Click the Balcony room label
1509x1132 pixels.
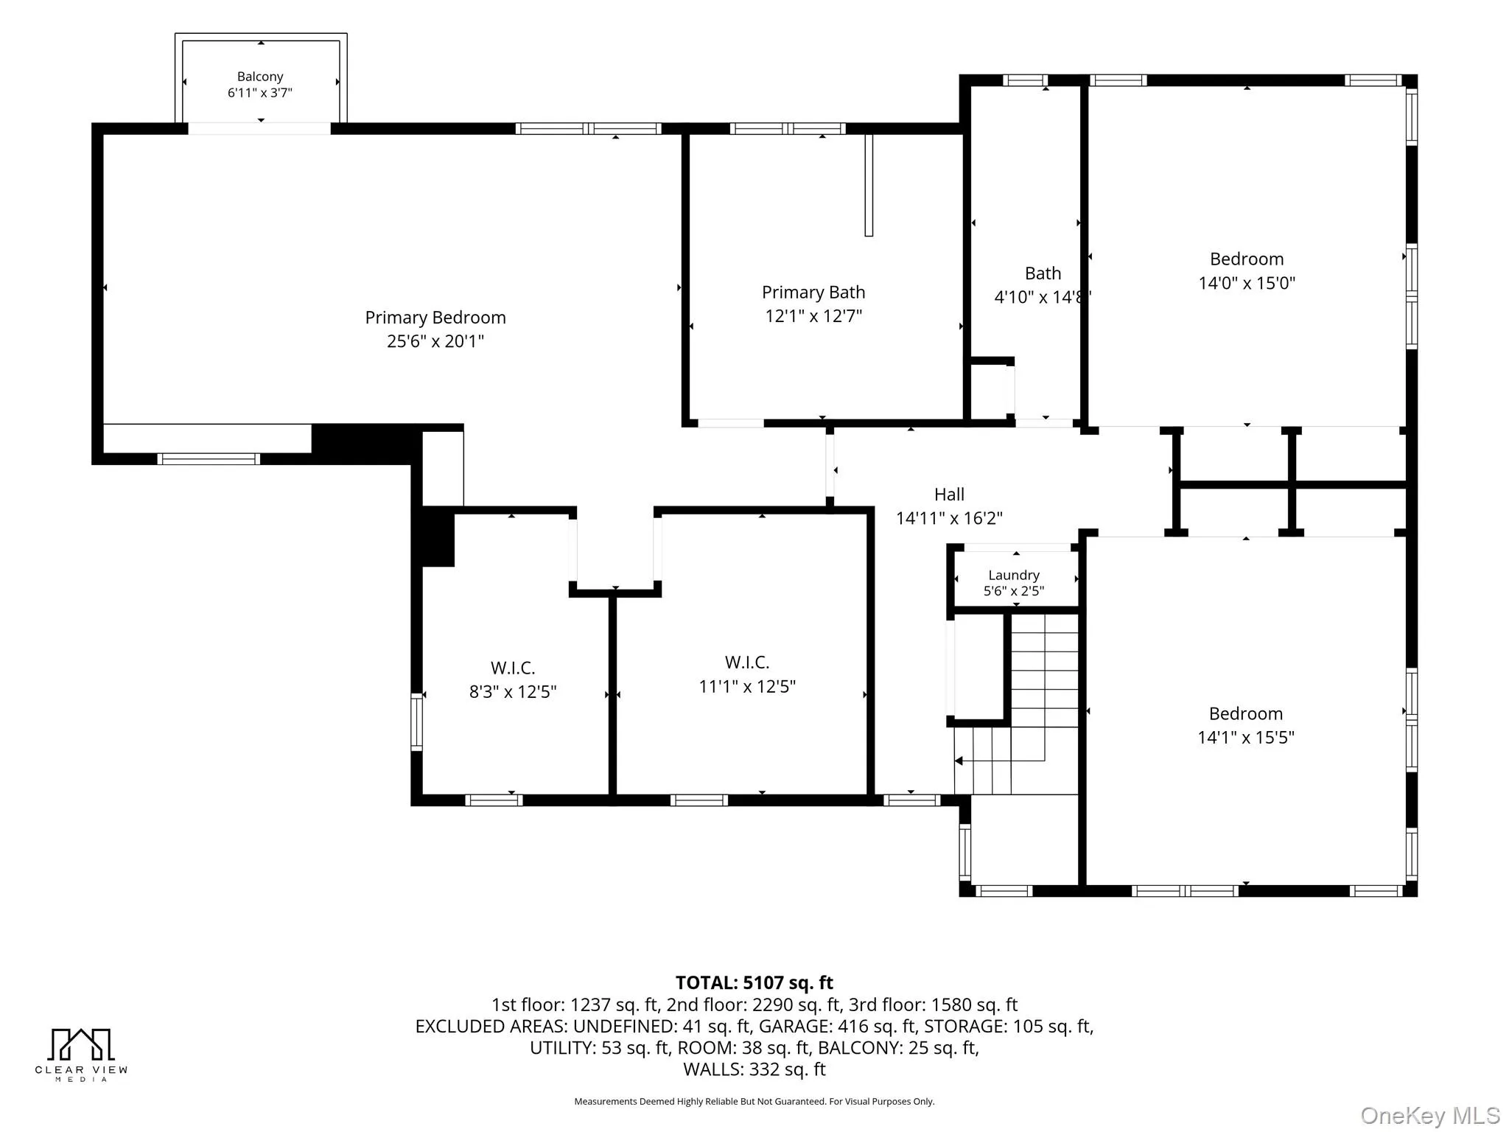[260, 77]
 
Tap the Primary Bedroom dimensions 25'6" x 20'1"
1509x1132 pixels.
[435, 341]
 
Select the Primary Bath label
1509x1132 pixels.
[813, 293]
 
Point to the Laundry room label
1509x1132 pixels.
[1014, 575]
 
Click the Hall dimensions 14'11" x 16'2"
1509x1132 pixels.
[949, 518]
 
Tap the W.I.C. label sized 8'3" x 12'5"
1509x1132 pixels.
[513, 668]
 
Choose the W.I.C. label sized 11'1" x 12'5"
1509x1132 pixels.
[747, 663]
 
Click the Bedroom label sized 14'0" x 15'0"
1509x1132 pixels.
[1247, 259]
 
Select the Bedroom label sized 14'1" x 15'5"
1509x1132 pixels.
[1246, 713]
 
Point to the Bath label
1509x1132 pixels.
[1043, 273]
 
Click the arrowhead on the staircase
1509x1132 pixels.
[959, 761]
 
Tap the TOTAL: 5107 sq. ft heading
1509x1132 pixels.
[754, 982]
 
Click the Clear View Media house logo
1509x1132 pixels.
[81, 1044]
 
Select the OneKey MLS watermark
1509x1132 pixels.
[1430, 1116]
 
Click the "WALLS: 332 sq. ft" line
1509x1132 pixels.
[754, 1069]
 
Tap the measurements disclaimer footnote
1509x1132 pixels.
[754, 1102]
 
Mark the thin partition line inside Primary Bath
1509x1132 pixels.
[869, 185]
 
